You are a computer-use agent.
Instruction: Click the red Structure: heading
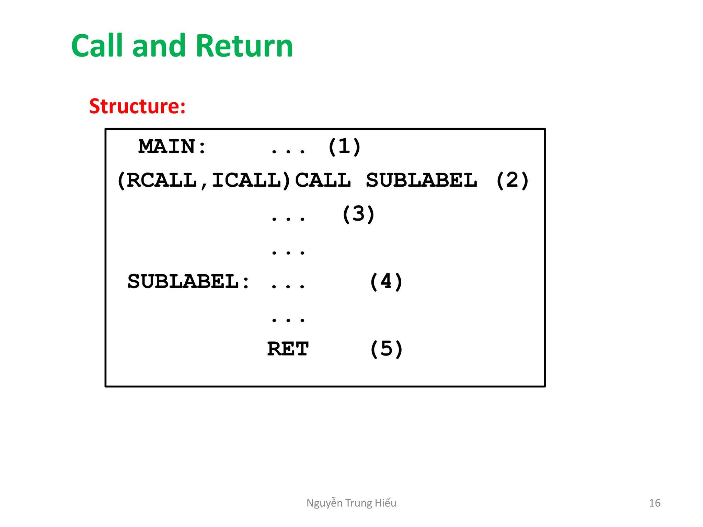[137, 106]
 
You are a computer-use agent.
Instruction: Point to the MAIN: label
[172, 147]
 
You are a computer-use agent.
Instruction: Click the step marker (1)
[344, 147]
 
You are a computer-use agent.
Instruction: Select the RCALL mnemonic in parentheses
[161, 180]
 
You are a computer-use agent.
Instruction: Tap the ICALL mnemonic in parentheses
[246, 180]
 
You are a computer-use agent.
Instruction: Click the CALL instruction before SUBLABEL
[323, 180]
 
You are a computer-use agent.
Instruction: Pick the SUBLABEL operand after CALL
[422, 180]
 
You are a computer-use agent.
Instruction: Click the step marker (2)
[512, 180]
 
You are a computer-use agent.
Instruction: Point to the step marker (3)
[358, 214]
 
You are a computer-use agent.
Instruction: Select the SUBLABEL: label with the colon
[188, 282]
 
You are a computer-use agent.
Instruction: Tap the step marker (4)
[386, 282]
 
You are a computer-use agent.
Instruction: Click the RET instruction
[288, 349]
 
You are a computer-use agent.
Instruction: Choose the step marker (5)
[386, 349]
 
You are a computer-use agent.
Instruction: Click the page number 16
[655, 503]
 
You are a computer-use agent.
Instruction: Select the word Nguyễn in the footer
[324, 503]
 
